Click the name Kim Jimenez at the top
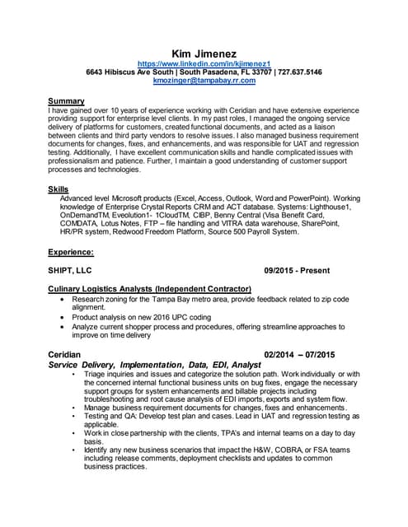tap(204, 53)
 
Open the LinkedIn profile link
tap(204, 63)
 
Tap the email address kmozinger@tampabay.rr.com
tap(204, 82)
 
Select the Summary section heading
tap(67, 101)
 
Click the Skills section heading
tap(59, 189)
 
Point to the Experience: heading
tap(71, 252)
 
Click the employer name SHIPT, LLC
tap(71, 270)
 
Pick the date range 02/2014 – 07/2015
tap(298, 355)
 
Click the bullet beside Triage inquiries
tap(73, 374)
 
